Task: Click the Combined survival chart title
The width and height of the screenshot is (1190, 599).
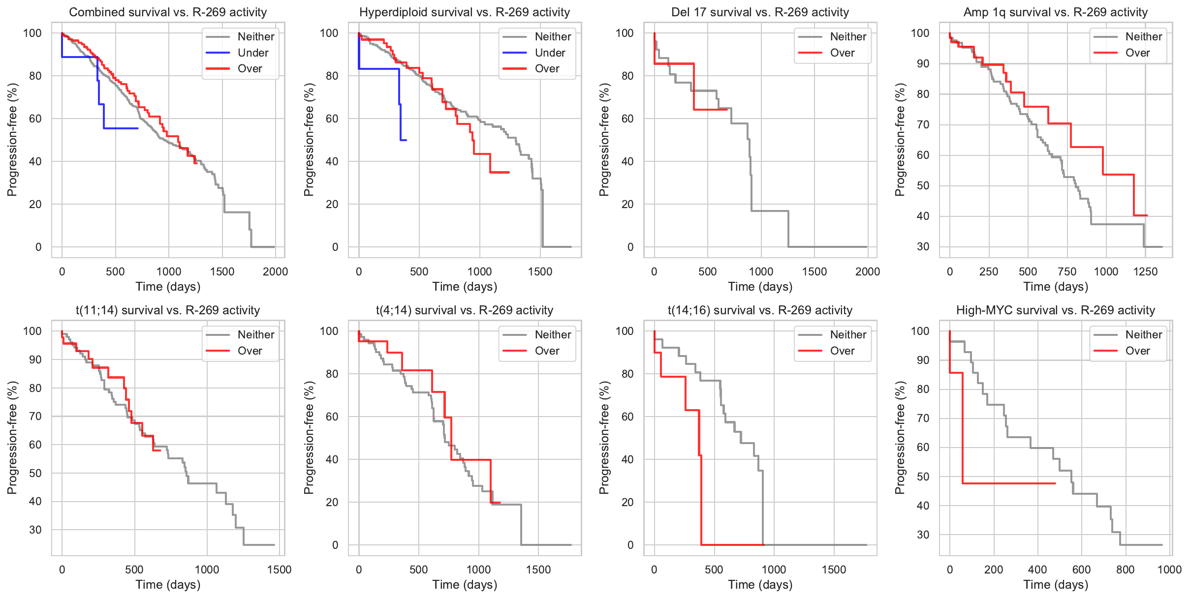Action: click(168, 12)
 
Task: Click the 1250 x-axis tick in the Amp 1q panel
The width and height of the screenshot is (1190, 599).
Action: click(1145, 271)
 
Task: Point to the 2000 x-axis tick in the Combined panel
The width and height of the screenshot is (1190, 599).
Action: click(275, 271)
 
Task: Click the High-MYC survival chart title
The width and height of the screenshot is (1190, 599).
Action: click(1055, 310)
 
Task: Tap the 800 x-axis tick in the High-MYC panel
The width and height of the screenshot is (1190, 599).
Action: click(1126, 569)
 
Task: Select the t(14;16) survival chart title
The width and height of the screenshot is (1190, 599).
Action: click(760, 310)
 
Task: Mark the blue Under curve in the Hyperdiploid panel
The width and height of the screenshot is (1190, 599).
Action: click(379, 68)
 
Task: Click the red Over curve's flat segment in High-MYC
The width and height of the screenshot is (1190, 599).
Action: click(1009, 483)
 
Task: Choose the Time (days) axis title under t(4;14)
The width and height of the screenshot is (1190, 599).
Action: click(465, 585)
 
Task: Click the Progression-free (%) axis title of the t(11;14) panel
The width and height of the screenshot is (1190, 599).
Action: click(12, 438)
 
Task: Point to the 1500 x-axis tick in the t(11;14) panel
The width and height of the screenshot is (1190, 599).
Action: click(279, 569)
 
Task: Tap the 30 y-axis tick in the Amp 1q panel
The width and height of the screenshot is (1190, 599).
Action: click(923, 246)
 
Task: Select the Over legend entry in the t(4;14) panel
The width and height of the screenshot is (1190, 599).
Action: click(547, 351)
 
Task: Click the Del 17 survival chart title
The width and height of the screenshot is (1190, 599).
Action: click(760, 12)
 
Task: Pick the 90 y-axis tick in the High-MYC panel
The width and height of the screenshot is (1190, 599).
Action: click(923, 360)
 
